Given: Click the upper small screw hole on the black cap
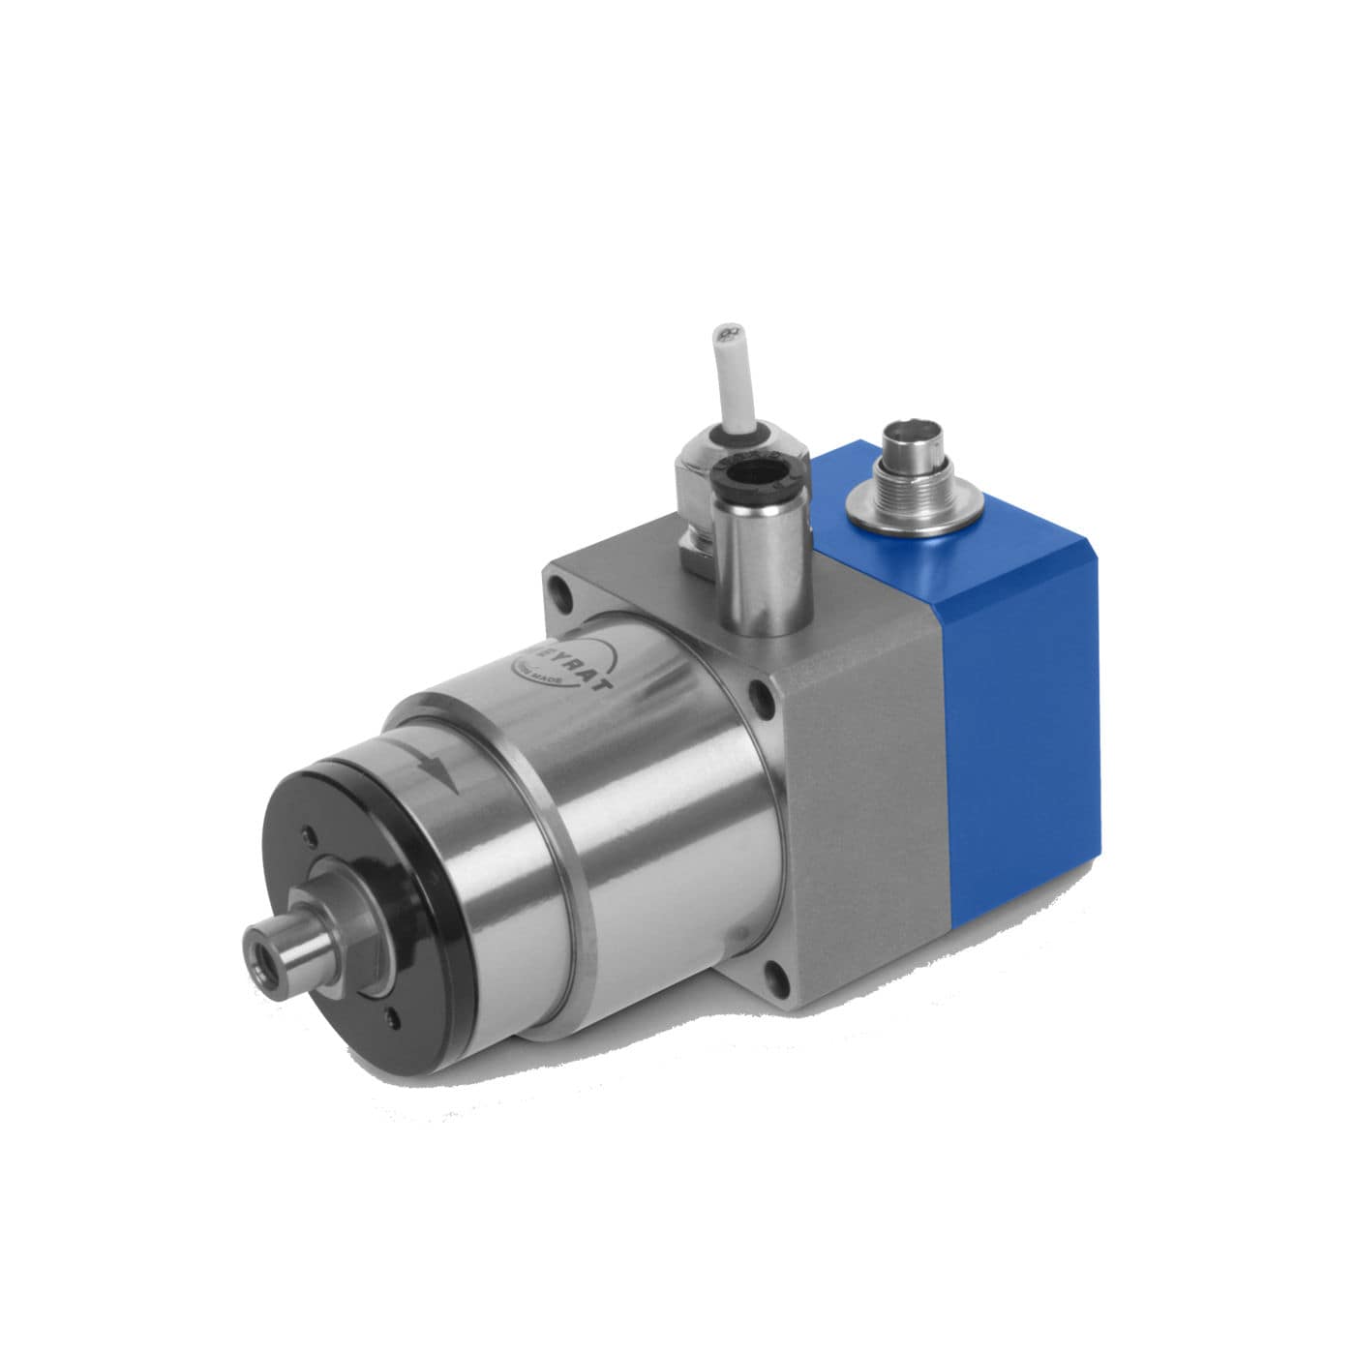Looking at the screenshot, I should (x=309, y=835).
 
